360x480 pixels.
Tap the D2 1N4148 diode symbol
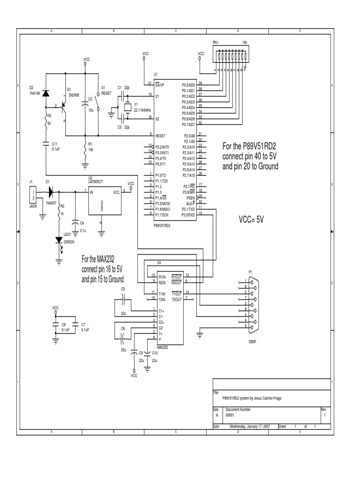[45, 93]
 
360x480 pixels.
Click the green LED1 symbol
[59, 240]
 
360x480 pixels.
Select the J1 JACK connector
[33, 192]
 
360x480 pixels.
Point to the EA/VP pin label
[160, 85]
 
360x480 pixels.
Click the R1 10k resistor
[85, 150]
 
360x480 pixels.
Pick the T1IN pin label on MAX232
[162, 293]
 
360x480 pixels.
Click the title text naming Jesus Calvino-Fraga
[252, 398]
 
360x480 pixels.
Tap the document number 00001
[230, 414]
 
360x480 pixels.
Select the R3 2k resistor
[45, 123]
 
